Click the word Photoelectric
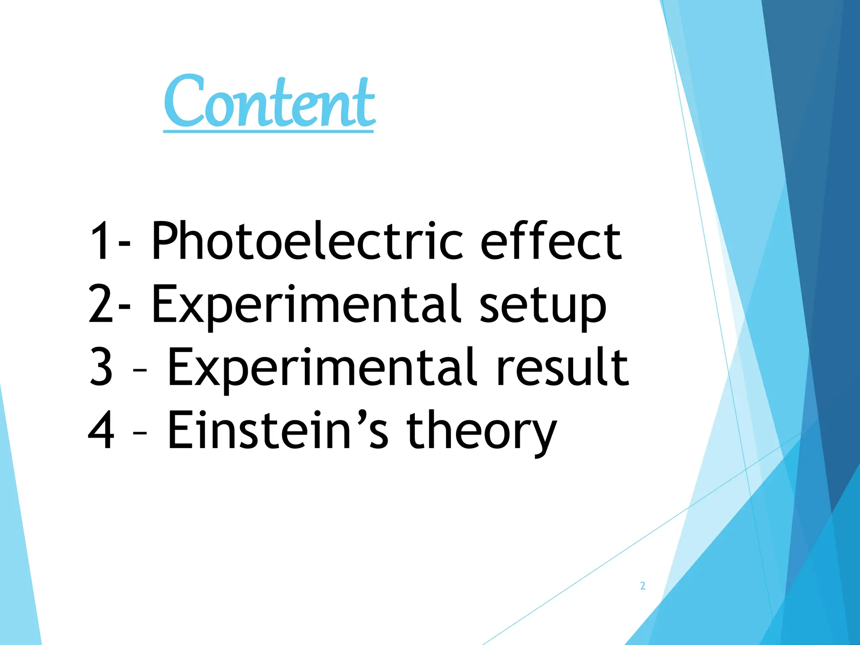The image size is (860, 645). coord(307,241)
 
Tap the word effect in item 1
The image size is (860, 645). coord(551,241)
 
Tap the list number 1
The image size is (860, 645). coord(100,241)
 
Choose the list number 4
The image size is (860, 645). coord(101,430)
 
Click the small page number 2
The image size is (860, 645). coord(642,586)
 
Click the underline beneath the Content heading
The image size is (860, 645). coord(268,131)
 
